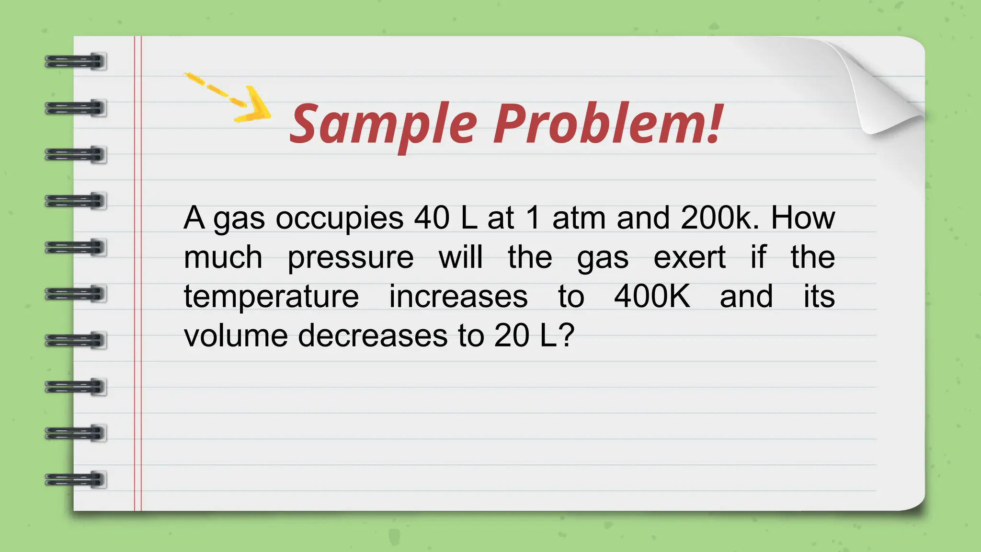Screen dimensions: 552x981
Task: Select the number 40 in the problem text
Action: click(432, 218)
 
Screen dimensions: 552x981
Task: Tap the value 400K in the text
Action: click(652, 296)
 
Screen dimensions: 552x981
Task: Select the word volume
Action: click(235, 335)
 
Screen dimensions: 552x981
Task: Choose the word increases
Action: click(458, 296)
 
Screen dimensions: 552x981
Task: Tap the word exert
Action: click(690, 258)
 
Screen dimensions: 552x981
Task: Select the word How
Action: click(803, 218)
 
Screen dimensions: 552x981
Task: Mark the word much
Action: click(223, 257)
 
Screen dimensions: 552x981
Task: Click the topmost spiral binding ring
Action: click(75, 62)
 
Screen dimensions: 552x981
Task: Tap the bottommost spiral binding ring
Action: click(75, 480)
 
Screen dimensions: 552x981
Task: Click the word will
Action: click(460, 257)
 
